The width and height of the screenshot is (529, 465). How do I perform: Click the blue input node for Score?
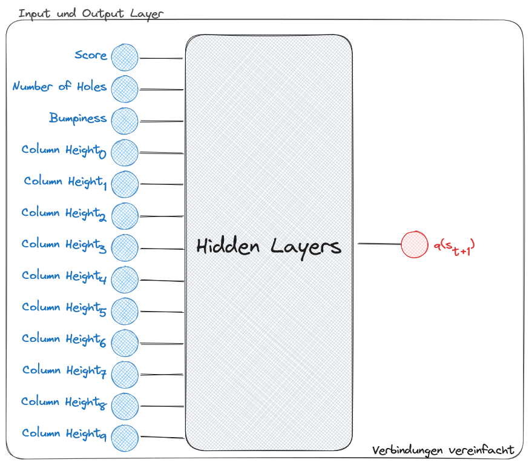tap(125, 58)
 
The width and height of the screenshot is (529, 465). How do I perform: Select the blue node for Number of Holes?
tap(125, 89)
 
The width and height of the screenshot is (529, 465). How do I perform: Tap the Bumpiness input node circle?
tap(125, 121)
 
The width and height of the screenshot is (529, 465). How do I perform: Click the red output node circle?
tap(415, 244)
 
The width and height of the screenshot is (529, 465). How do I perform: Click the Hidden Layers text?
tap(269, 246)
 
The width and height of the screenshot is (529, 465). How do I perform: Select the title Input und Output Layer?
tap(91, 13)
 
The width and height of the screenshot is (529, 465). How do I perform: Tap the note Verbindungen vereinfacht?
tap(443, 450)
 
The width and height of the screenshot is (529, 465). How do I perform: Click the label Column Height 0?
tap(64, 150)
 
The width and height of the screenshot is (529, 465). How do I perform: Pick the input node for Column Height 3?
tap(125, 247)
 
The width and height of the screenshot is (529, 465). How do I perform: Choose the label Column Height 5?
tap(64, 308)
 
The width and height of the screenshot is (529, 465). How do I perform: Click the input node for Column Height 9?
tap(125, 436)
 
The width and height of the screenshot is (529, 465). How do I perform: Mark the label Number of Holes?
tap(59, 87)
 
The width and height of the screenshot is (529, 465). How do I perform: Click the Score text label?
tap(91, 55)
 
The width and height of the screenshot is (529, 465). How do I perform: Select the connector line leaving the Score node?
tap(161, 59)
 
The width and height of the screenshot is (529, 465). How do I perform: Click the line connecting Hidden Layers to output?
tap(379, 244)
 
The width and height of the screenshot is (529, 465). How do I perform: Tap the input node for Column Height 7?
tap(125, 373)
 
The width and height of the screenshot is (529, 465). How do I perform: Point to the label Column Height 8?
tap(64, 403)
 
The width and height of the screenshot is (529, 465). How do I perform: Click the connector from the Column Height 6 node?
tap(161, 343)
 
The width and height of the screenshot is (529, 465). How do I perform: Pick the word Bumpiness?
tap(78, 118)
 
